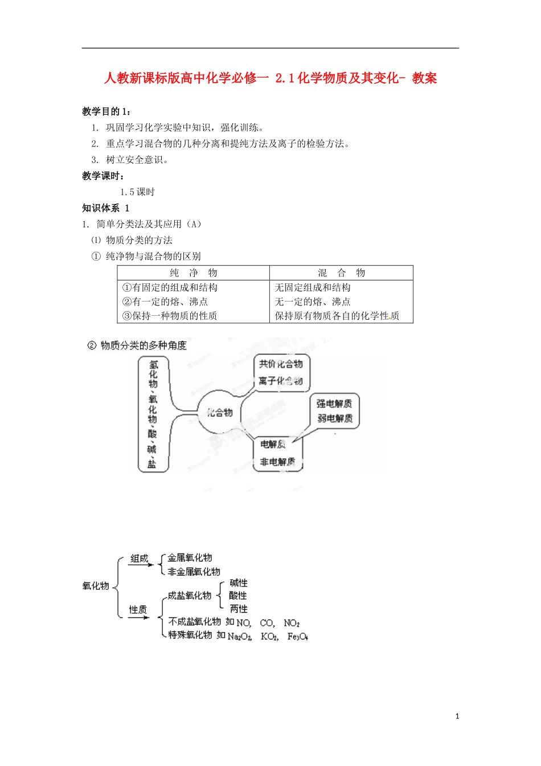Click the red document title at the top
click(x=270, y=78)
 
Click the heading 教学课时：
click(x=104, y=176)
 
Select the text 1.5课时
click(x=137, y=192)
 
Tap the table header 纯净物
click(x=194, y=273)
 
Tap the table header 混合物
click(x=341, y=273)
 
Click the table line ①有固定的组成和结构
click(x=170, y=288)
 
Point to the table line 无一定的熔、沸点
click(x=313, y=301)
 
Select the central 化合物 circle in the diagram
click(x=219, y=412)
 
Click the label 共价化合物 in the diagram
click(x=281, y=364)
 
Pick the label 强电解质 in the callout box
click(x=334, y=404)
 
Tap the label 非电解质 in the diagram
click(x=277, y=462)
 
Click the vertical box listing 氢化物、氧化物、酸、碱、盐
click(x=153, y=414)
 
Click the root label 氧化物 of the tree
click(x=96, y=586)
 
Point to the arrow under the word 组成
click(x=140, y=565)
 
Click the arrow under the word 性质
click(x=138, y=617)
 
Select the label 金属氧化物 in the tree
click(x=190, y=558)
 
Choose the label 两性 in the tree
click(x=239, y=609)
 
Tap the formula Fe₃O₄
click(x=297, y=636)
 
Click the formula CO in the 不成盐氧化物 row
click(x=267, y=623)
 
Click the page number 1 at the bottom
click(x=457, y=716)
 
